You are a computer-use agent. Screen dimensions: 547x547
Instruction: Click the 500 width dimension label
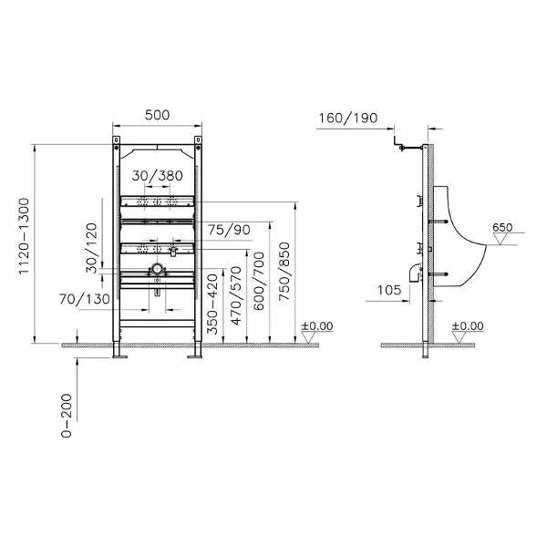(x=157, y=115)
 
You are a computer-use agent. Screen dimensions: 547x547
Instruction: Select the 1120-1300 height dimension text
(x=24, y=236)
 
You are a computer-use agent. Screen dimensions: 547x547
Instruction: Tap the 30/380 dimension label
(x=157, y=175)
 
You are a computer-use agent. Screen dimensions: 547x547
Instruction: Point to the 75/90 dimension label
(x=229, y=230)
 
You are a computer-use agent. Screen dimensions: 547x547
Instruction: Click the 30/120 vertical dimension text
(x=92, y=248)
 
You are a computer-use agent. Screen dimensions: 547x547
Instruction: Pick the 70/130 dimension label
(x=85, y=299)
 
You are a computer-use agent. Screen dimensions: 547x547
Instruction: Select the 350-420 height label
(x=212, y=304)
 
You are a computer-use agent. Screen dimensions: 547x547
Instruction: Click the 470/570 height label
(x=236, y=295)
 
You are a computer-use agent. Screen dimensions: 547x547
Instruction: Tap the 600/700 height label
(x=259, y=281)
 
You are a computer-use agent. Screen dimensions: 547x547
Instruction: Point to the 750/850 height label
(x=284, y=272)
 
